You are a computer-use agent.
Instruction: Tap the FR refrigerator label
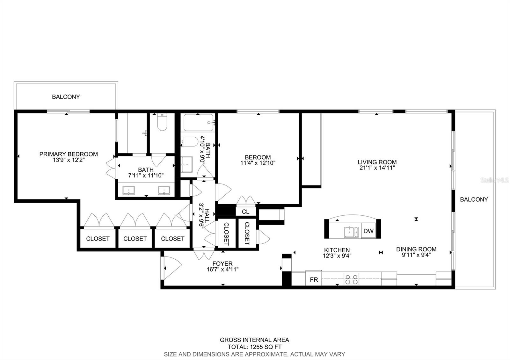[314, 280]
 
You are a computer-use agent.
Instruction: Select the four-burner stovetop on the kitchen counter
[351, 279]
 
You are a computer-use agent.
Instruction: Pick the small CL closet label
[245, 212]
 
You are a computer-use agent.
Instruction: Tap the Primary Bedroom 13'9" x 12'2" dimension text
[69, 160]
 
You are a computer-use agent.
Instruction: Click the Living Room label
[377, 162]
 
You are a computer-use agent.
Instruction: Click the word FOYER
[222, 263]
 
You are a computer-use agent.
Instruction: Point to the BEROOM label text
[258, 157]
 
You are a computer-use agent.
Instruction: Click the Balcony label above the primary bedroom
[66, 97]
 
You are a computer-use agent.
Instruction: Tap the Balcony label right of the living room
[474, 199]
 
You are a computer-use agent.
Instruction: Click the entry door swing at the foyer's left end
[171, 264]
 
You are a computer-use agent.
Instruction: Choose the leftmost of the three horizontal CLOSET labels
[98, 239]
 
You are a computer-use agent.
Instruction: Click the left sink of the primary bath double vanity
[128, 191]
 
